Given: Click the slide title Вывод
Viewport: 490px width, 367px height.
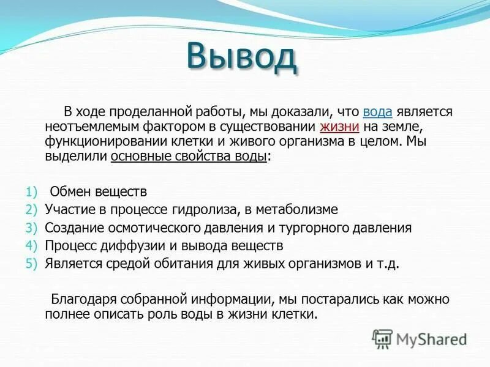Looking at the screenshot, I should (x=242, y=57).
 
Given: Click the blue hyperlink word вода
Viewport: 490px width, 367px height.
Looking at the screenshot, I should (x=377, y=113).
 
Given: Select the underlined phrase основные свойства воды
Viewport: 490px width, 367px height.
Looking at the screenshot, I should (x=189, y=157).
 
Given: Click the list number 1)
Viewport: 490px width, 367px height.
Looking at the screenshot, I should (x=32, y=191).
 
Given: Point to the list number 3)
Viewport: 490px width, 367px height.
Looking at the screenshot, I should (x=32, y=228).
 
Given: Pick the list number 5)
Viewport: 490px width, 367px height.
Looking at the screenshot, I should (x=32, y=264).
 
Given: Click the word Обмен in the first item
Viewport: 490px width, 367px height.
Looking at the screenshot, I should (x=71, y=191).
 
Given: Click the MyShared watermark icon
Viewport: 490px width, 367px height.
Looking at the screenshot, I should (x=383, y=338).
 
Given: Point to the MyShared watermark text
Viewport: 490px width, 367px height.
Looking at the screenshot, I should (x=431, y=339).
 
